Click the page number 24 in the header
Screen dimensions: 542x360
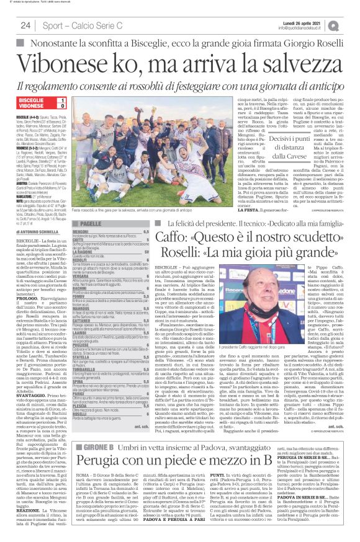(25, 25)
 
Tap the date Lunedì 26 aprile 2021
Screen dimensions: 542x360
(308, 22)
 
